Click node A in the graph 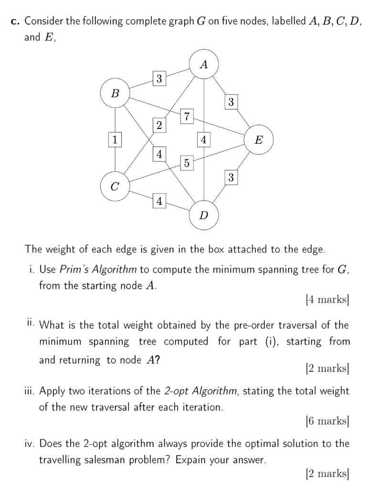pyautogui.click(x=204, y=64)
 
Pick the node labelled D pyautogui.click(x=204, y=215)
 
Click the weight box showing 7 pyautogui.click(x=187, y=116)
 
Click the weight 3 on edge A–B pyautogui.click(x=159, y=78)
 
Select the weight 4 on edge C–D pyautogui.click(x=159, y=201)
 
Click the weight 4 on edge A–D pyautogui.click(x=204, y=139)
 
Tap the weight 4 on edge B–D pyautogui.click(x=159, y=154)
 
